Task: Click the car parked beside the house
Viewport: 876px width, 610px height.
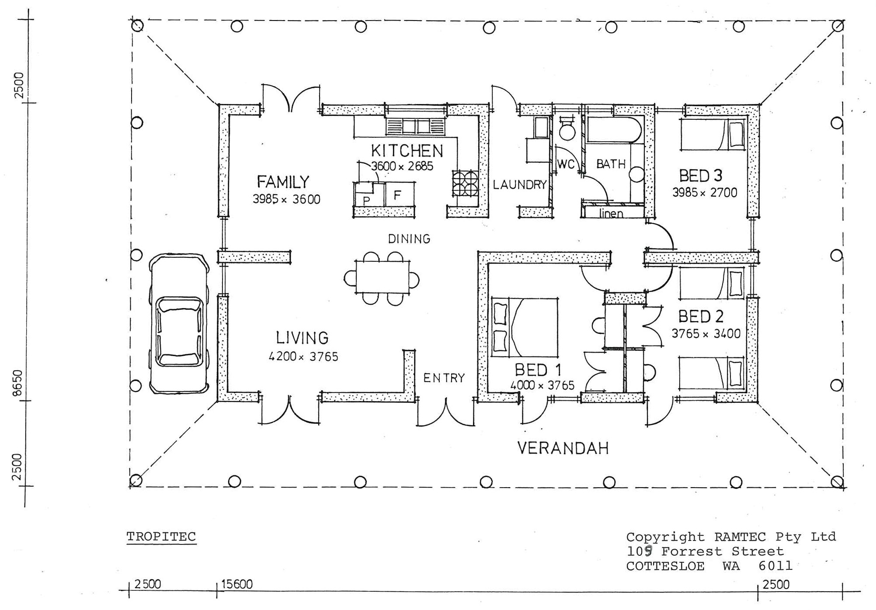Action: tap(178, 324)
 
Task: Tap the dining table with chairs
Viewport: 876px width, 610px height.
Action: tap(382, 277)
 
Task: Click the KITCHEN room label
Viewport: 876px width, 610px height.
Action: tap(407, 151)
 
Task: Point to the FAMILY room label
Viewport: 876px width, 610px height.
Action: tap(283, 181)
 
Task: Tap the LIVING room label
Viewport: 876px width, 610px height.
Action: tap(302, 338)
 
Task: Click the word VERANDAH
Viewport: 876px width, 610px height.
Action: tap(563, 448)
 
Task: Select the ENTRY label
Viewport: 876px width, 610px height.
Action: tap(444, 378)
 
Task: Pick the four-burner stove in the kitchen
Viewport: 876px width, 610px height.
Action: tap(465, 183)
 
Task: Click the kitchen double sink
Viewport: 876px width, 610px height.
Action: tap(416, 127)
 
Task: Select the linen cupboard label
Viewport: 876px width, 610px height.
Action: tap(611, 213)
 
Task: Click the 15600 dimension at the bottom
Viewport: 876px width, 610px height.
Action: tap(237, 585)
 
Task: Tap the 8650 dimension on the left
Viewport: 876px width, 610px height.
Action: tap(17, 383)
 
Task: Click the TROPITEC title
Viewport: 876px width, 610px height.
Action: tap(161, 537)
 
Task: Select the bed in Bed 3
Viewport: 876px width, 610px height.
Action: tap(713, 135)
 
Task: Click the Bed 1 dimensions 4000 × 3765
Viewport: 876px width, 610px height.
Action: tap(542, 385)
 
